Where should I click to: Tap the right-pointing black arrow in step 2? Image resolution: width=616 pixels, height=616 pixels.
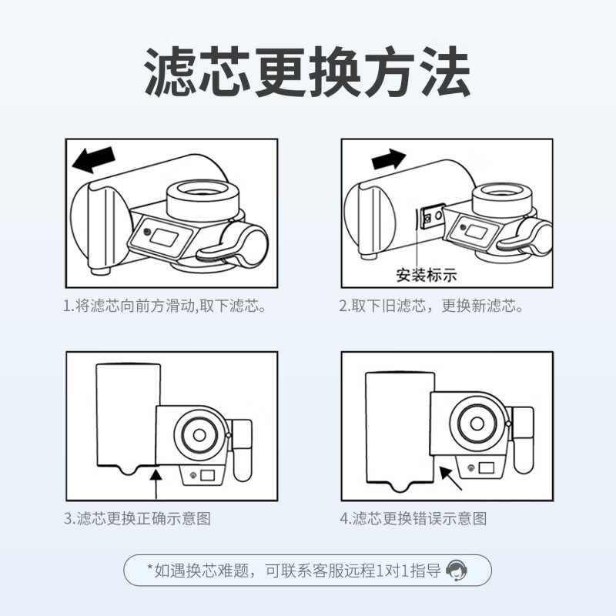387,159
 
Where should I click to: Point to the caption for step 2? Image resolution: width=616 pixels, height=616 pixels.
431,306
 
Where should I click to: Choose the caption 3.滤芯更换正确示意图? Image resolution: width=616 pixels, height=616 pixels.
137,518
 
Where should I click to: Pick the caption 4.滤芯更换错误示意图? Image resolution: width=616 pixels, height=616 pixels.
413,518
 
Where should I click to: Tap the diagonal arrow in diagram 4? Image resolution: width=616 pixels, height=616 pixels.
450,477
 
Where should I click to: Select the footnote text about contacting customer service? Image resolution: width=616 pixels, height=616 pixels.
296,571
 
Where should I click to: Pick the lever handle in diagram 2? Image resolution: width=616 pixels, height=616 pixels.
525,239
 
